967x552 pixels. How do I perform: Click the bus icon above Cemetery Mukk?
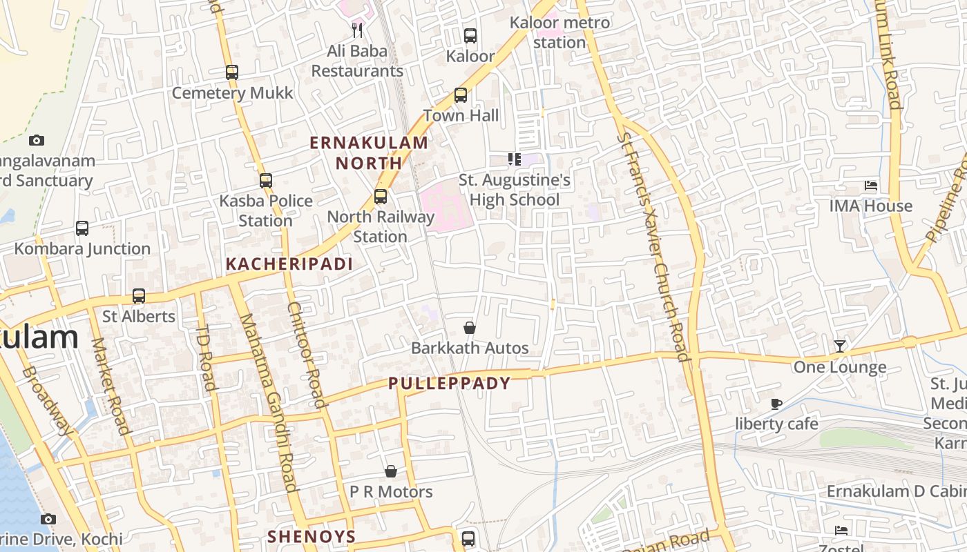(232, 72)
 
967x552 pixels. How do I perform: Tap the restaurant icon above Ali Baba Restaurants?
(357, 30)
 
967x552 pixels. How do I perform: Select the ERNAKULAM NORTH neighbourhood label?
(369, 153)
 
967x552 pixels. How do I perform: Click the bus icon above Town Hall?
(461, 95)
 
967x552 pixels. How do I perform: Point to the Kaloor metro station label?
(559, 32)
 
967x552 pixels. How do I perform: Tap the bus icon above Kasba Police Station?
(266, 181)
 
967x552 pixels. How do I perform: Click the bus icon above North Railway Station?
(381, 197)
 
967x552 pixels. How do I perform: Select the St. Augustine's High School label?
(515, 190)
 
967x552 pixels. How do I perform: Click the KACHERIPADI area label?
(289, 264)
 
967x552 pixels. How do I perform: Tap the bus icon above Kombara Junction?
(82, 228)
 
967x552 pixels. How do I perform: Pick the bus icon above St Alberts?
(139, 296)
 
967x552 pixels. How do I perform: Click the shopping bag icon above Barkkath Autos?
(470, 328)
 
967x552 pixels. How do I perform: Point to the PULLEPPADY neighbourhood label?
(450, 384)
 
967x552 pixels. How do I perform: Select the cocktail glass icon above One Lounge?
(840, 346)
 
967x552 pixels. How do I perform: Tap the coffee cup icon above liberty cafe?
(777, 404)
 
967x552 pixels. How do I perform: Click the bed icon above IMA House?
(871, 186)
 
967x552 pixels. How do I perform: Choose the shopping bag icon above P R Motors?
(391, 471)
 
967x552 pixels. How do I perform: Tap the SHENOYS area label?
(312, 537)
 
